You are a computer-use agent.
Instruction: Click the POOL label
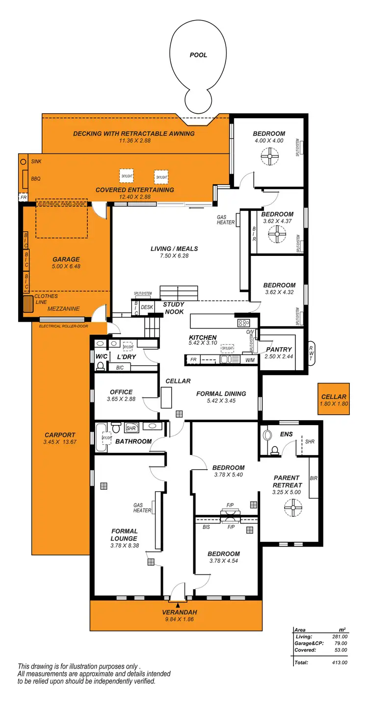[198, 55]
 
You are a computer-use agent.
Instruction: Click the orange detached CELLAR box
[334, 399]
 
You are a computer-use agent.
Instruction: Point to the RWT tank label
[311, 353]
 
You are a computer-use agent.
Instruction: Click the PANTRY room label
[279, 349]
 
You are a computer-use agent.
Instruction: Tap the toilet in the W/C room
[101, 365]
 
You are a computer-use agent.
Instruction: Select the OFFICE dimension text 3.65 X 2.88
[121, 400]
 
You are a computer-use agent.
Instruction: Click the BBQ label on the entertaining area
[36, 179]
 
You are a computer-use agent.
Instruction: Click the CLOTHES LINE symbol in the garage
[27, 304]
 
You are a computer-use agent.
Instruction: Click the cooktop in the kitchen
[244, 323]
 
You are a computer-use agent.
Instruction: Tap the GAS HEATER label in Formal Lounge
[142, 507]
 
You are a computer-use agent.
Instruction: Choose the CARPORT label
[60, 435]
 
